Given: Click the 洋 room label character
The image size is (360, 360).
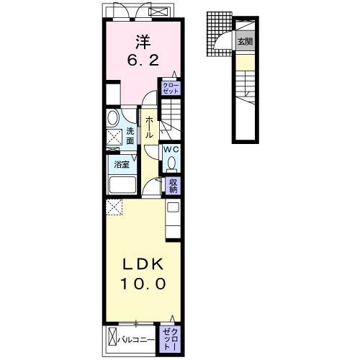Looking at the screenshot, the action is coord(143,42).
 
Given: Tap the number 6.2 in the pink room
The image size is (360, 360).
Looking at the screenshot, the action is coord(143,60).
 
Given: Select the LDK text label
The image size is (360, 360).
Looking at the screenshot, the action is coord(143,264).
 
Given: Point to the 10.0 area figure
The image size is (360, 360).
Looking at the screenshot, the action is coord(143,284).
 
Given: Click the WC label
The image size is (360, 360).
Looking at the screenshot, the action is coord(171,150).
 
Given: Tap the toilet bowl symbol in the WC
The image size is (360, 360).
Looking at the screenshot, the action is coord(171,163).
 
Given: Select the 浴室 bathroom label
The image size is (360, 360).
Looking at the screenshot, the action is coord(122,165).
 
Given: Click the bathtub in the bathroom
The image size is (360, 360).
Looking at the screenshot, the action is coord(122,184).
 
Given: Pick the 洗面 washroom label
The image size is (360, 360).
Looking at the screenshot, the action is coord(130,136).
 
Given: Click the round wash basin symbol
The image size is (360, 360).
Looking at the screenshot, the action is coord(112,118).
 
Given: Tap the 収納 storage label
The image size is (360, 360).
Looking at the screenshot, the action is coord(173,186).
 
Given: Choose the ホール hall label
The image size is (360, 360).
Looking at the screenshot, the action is coord(149,127).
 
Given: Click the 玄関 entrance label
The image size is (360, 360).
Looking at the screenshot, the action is coord(245,41).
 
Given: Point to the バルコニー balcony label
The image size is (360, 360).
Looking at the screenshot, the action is coord(136,340).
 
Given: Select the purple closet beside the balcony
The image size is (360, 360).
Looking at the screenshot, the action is coord(170,339).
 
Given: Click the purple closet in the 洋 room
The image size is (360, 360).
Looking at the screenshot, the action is coord(171,89).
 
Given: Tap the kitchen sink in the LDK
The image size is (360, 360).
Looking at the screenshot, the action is coord(173,207).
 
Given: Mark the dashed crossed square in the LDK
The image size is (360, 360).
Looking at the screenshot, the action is coord(114,207).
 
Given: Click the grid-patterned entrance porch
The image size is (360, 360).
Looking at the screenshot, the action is coord(219,34).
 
